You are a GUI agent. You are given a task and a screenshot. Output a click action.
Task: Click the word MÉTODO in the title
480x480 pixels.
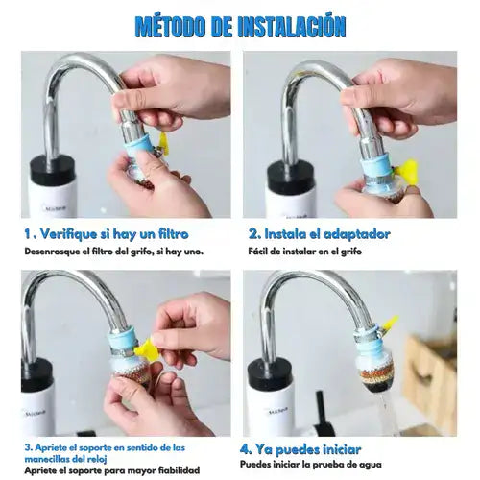[170, 26]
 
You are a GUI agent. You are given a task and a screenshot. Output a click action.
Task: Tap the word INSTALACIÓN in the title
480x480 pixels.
[292, 26]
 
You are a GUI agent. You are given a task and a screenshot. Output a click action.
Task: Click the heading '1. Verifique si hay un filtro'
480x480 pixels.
[107, 234]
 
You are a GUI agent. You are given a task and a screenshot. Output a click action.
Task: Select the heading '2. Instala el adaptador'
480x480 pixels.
[319, 234]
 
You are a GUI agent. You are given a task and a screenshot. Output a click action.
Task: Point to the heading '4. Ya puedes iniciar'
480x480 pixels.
[300, 449]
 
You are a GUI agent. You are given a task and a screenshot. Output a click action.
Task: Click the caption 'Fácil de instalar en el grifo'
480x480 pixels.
[305, 252]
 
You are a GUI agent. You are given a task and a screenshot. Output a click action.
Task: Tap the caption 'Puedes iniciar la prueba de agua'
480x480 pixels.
[311, 465]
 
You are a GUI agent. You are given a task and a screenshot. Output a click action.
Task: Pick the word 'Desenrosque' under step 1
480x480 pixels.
[52, 252]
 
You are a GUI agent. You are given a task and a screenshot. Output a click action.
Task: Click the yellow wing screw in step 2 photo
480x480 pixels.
[405, 172]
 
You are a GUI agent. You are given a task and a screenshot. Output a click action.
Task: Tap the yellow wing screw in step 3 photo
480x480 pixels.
[147, 350]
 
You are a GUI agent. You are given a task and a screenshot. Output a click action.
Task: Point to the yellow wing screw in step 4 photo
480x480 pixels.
[389, 324]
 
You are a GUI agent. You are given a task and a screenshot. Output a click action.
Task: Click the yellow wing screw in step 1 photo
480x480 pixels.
[164, 143]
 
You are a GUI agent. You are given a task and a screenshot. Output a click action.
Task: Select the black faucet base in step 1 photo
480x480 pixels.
[53, 169]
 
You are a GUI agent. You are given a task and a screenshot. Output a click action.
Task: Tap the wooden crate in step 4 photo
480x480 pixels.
[430, 382]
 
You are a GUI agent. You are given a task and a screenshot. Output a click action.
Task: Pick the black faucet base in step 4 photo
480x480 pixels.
[270, 372]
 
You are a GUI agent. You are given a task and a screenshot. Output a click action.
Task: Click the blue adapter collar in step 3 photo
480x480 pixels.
[123, 340]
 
